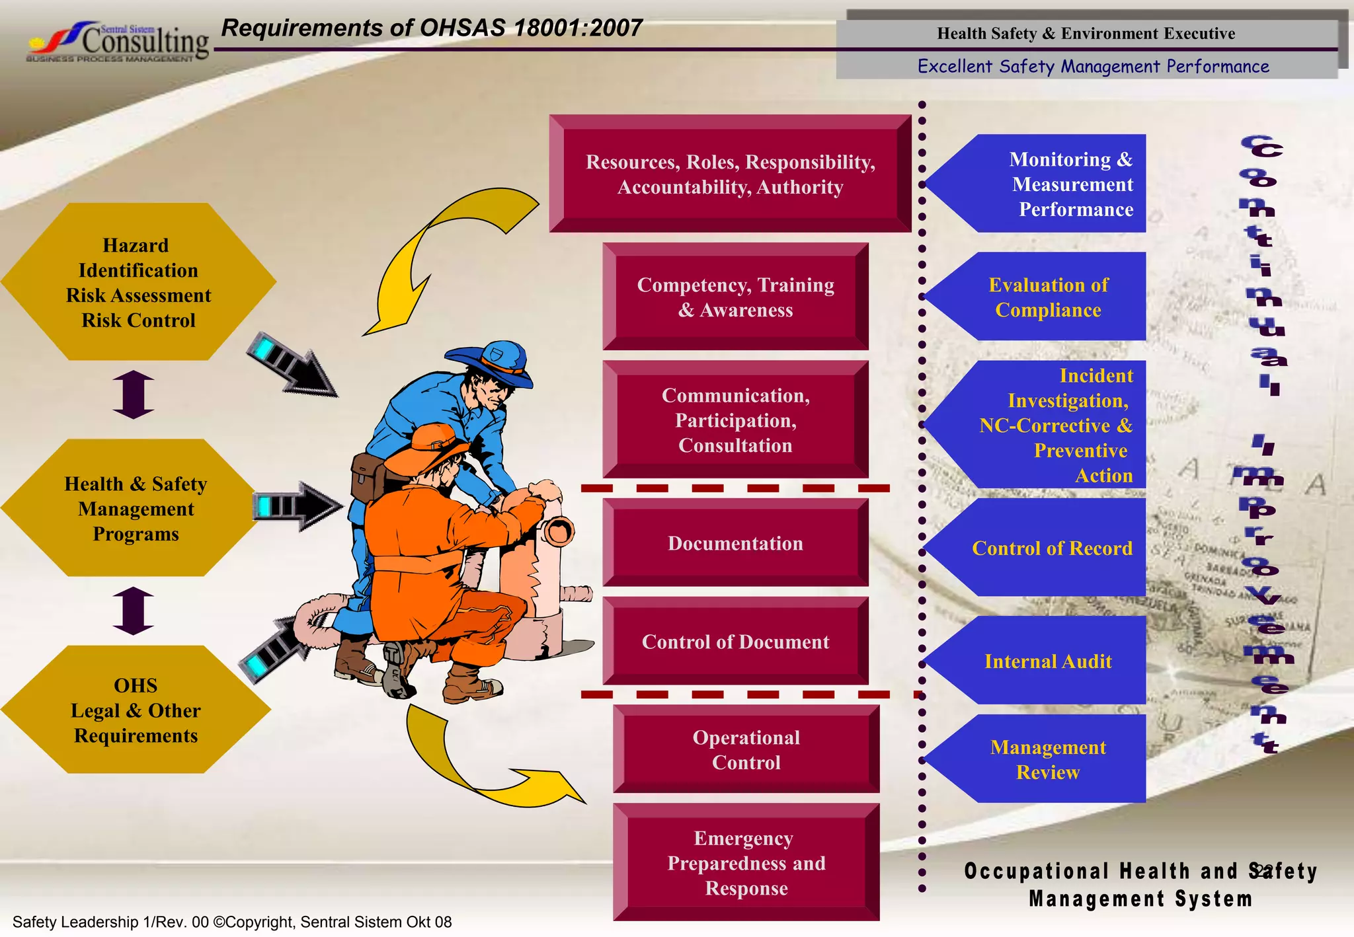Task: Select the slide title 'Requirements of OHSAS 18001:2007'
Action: (431, 28)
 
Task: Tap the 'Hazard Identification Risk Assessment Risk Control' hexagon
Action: (138, 282)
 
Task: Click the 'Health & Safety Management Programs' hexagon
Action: (136, 508)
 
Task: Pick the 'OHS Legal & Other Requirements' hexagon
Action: (136, 710)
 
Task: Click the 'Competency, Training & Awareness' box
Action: (735, 297)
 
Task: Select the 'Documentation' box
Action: (735, 543)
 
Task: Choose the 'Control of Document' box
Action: (735, 641)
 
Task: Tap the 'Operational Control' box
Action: (746, 749)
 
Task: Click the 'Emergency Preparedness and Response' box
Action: (746, 862)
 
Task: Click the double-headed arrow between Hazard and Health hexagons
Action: (134, 394)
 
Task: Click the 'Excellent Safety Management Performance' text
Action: (1093, 66)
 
